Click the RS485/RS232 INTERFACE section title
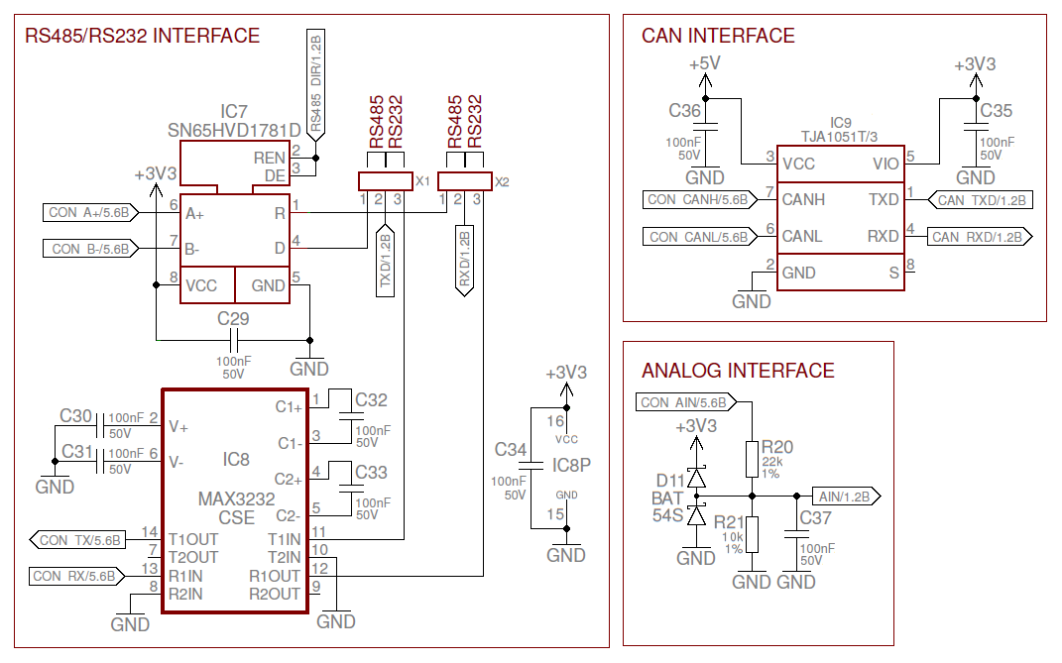142,37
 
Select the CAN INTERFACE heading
718,36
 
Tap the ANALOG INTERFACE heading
738,371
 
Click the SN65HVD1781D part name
234,131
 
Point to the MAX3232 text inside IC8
236,498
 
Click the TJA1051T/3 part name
841,135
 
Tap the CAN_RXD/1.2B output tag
978,237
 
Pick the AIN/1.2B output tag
843,497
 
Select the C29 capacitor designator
233,319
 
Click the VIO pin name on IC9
885,164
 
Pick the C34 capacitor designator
511,450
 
